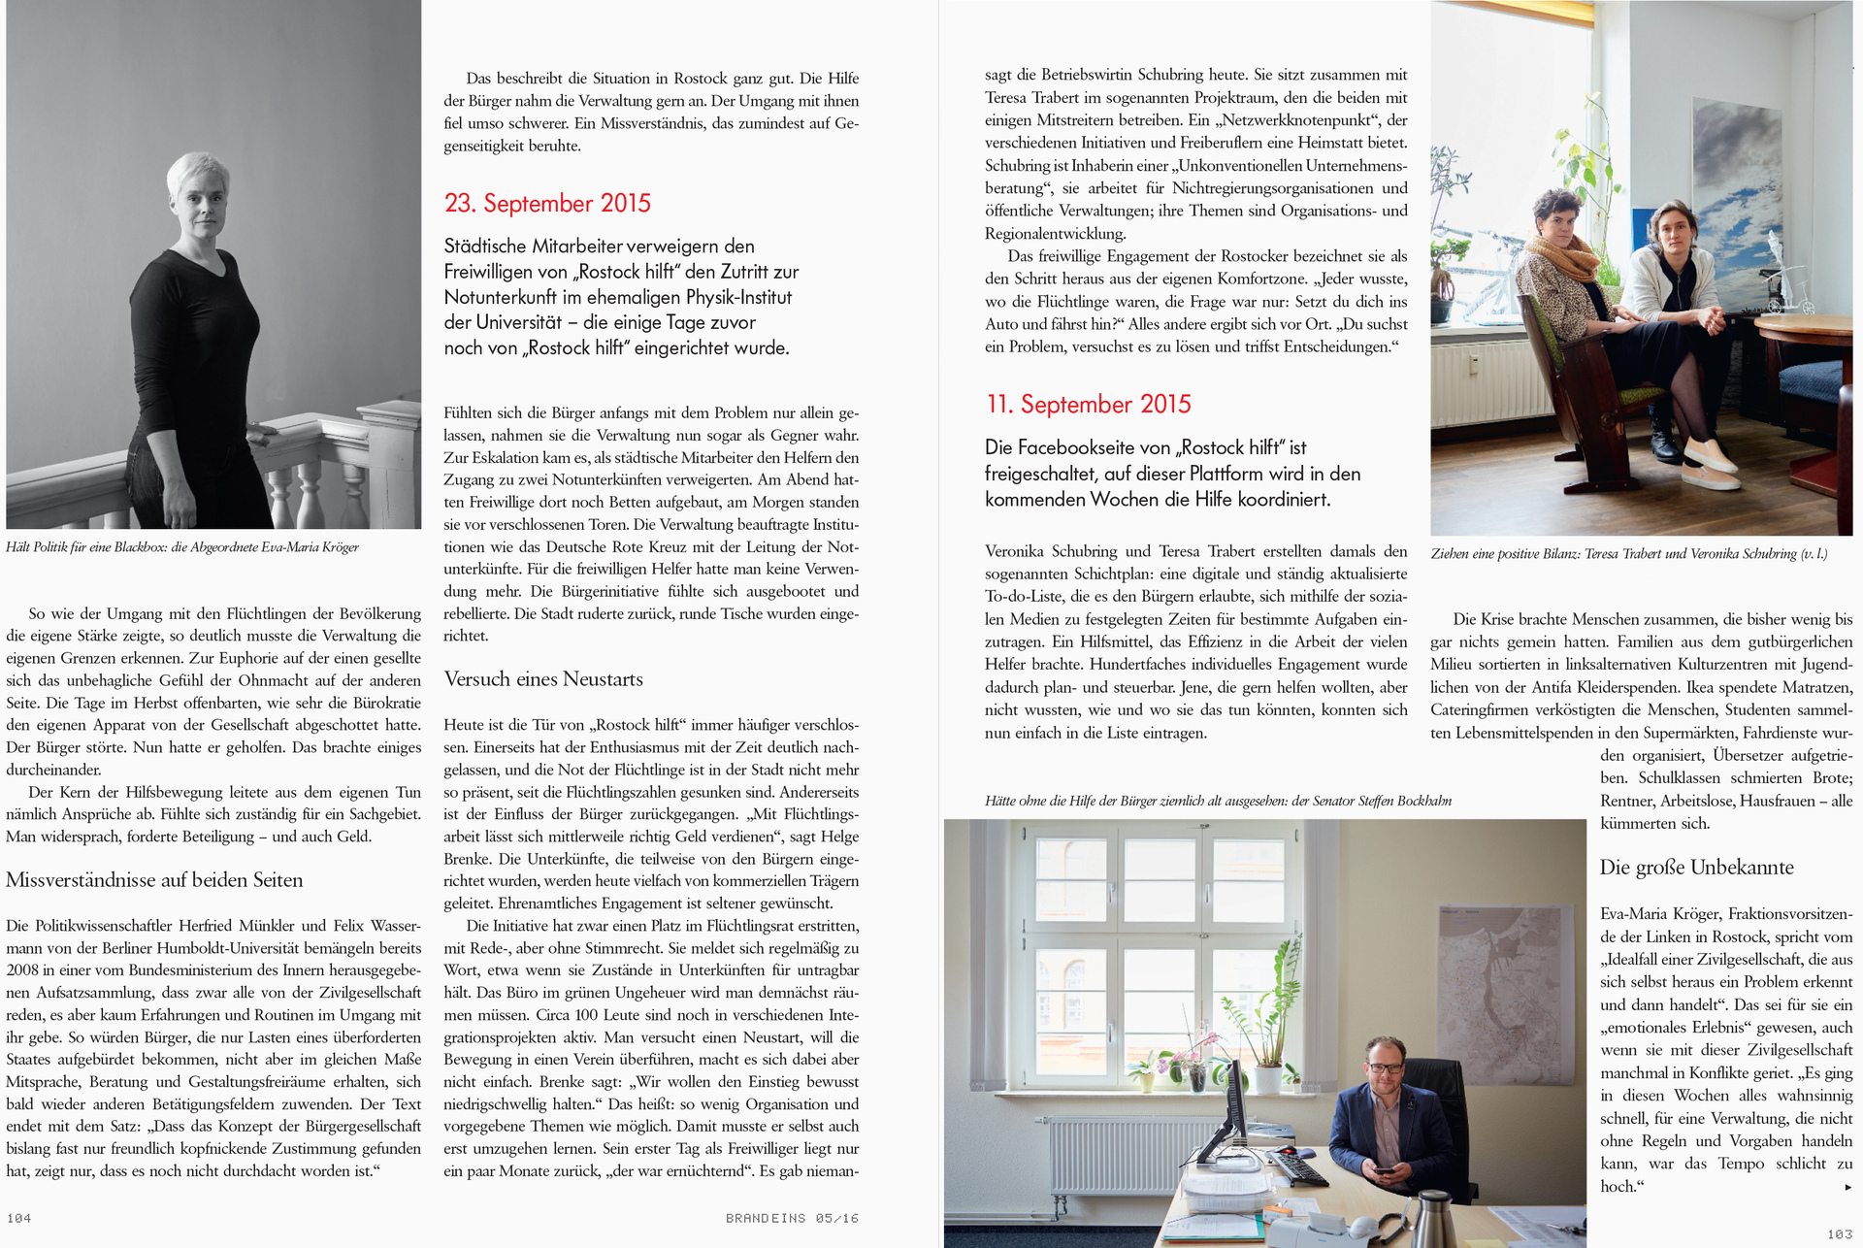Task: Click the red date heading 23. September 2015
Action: point(547,203)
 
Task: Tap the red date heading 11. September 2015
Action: point(1088,404)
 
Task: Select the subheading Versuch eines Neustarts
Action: point(543,678)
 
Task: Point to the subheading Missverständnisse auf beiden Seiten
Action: point(154,879)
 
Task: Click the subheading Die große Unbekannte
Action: point(1696,867)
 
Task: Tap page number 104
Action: point(18,1218)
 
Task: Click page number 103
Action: point(1839,1234)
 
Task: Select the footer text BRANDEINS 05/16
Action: point(792,1218)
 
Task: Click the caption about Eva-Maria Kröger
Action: point(182,547)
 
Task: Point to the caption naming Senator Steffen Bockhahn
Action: point(1218,801)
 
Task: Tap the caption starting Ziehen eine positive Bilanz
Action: point(1628,553)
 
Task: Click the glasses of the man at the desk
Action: point(1386,1067)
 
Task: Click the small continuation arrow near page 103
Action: point(1847,1187)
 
